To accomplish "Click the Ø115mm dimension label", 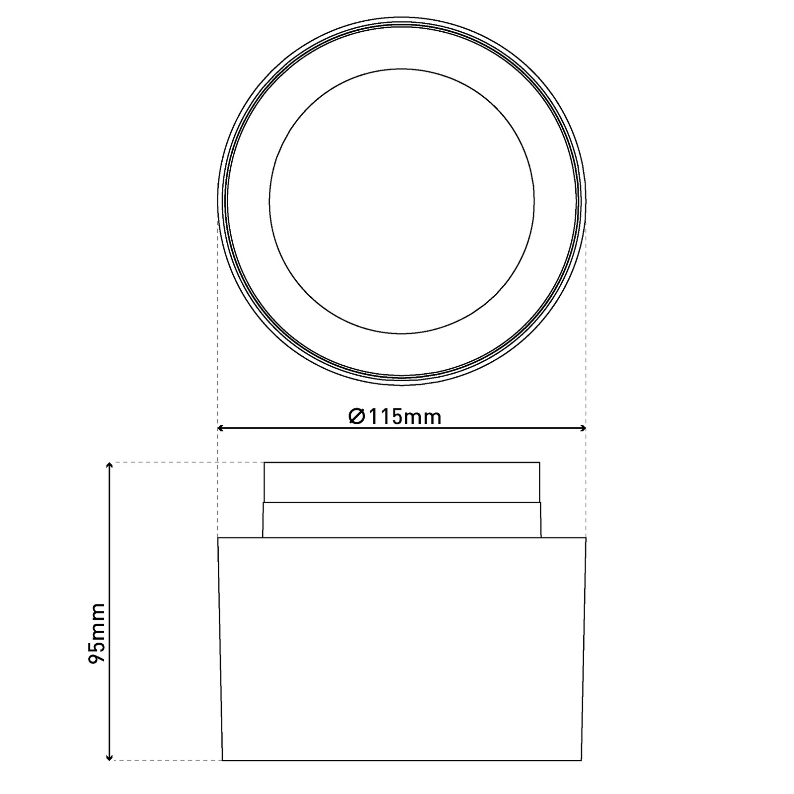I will point(395,416).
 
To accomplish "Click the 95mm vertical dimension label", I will point(96,633).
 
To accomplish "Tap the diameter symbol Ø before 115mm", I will point(356,416).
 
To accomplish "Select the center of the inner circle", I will point(402,201).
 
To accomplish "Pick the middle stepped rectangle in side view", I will point(402,520).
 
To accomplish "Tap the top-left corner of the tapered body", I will point(218,538).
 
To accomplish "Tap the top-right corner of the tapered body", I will point(586,538).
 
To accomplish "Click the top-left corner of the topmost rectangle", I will point(265,463).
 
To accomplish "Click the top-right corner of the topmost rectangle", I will point(539,463).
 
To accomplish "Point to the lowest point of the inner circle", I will point(402,333).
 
